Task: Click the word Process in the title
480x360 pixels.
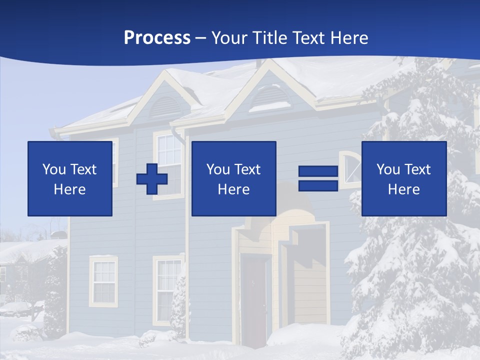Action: [x=157, y=38]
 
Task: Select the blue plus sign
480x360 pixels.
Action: [x=152, y=179]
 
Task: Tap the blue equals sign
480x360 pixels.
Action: [x=318, y=178]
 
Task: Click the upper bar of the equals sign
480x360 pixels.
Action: [x=318, y=172]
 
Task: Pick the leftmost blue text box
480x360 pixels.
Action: [x=70, y=178]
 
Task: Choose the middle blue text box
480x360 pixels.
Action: [x=233, y=178]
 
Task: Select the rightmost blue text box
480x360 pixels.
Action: [x=403, y=178]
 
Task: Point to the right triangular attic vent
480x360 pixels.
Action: [x=269, y=97]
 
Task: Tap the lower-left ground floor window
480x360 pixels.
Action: [x=103, y=281]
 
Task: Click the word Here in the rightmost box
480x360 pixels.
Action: [x=403, y=189]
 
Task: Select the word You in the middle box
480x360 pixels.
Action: [x=217, y=169]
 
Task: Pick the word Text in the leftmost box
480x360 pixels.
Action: [x=83, y=169]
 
